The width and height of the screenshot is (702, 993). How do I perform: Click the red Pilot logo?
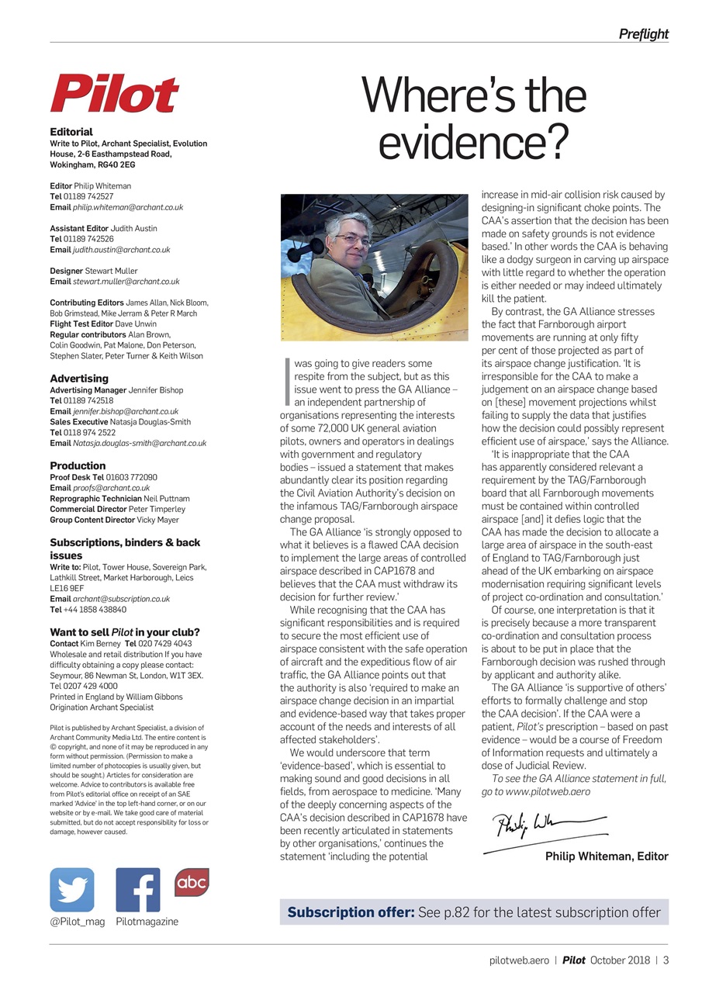(114, 94)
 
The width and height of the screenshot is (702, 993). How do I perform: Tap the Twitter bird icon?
(72, 890)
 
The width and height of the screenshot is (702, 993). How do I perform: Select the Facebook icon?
(137, 890)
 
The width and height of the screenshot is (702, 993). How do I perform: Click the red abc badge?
(192, 882)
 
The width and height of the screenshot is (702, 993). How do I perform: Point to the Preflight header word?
(643, 34)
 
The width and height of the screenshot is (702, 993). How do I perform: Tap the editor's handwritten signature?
(543, 827)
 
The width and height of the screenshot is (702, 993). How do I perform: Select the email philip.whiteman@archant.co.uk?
(133, 208)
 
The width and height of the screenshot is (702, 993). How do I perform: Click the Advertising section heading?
(79, 379)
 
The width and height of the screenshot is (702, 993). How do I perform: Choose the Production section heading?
(78, 466)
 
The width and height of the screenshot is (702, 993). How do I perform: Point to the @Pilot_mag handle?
(78, 922)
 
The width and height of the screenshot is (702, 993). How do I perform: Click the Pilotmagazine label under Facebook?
(147, 922)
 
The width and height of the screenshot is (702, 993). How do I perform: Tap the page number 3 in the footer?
(666, 960)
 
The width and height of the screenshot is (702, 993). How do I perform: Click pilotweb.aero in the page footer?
(519, 960)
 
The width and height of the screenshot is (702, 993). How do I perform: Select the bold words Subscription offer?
(351, 912)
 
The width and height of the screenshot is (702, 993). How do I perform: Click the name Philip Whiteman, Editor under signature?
(606, 856)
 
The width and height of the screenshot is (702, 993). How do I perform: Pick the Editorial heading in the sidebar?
(71, 132)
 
